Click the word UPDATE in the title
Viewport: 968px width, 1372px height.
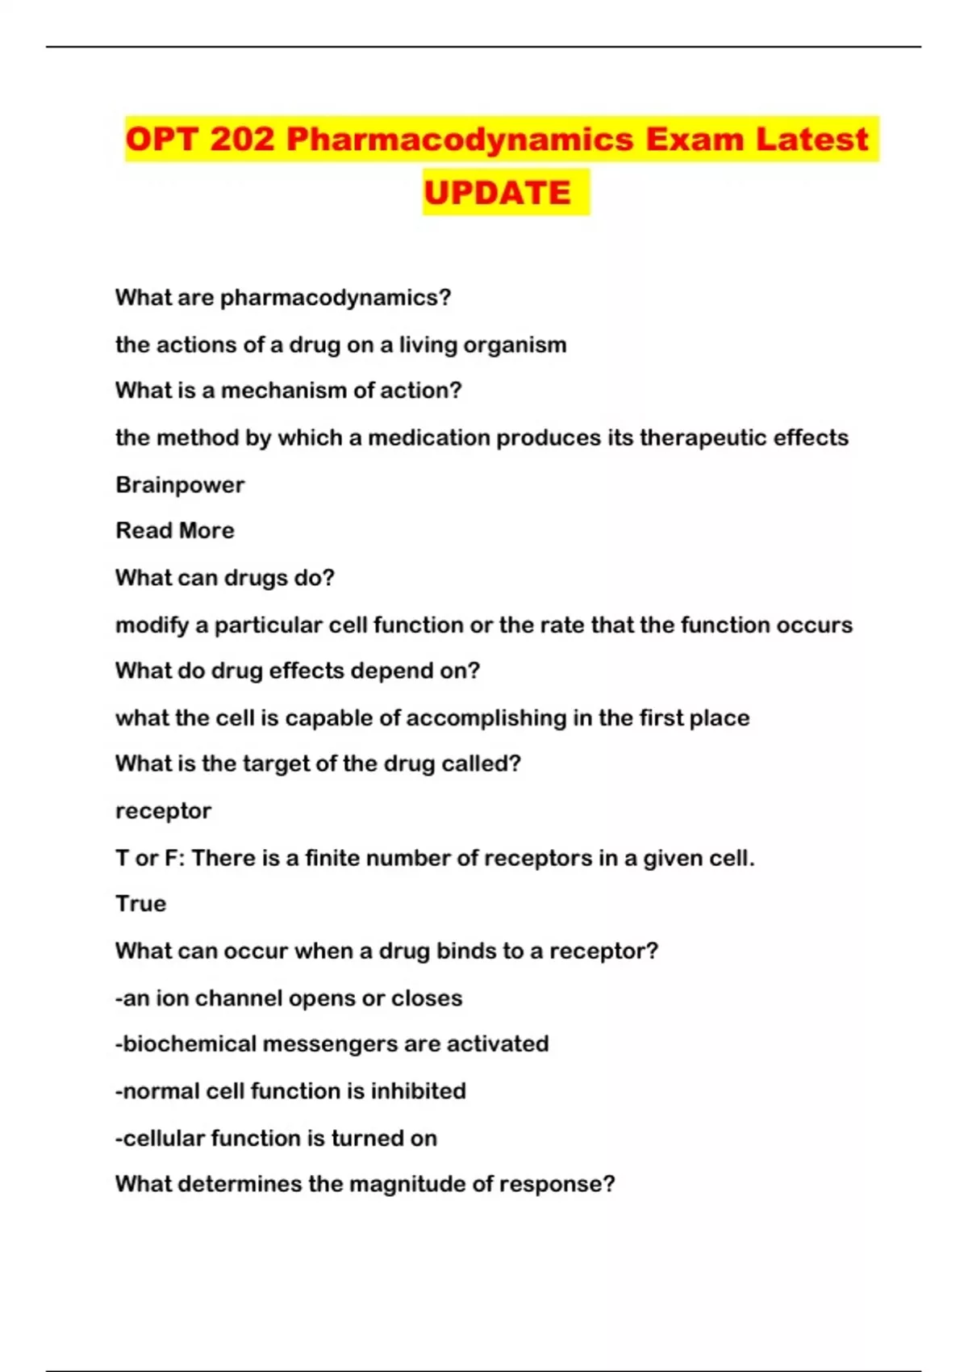(x=497, y=193)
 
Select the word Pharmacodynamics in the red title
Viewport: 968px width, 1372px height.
(x=460, y=140)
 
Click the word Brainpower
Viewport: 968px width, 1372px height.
(x=180, y=485)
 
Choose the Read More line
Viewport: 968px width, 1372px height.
(x=175, y=531)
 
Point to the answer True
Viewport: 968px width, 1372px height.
(x=140, y=904)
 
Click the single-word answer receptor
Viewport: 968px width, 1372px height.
(x=163, y=811)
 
